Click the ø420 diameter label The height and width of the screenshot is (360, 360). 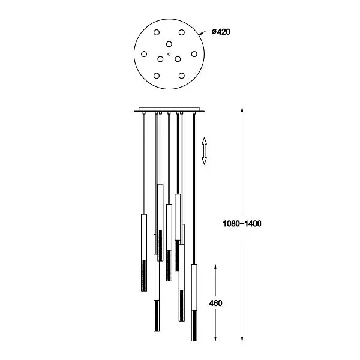221,32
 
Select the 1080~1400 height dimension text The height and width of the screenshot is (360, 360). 242,224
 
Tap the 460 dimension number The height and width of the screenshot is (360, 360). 215,303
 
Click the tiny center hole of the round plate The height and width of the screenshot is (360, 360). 169,54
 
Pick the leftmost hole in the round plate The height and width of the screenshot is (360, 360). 144,54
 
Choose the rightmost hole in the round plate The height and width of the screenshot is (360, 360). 194,54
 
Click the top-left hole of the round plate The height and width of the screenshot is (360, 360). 157,32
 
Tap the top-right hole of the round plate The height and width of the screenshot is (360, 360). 182,32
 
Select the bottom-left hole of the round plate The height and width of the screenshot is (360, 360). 157,76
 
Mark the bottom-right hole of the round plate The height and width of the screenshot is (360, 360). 182,76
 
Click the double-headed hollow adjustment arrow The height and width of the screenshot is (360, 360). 204,151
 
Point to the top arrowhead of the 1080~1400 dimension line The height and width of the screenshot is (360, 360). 242,110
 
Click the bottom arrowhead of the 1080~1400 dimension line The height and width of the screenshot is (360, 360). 242,338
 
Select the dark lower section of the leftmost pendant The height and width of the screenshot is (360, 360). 144,276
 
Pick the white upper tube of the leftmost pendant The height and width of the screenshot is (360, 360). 144,237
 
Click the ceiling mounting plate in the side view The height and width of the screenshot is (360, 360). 169,110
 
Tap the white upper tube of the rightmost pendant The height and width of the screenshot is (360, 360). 194,287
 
